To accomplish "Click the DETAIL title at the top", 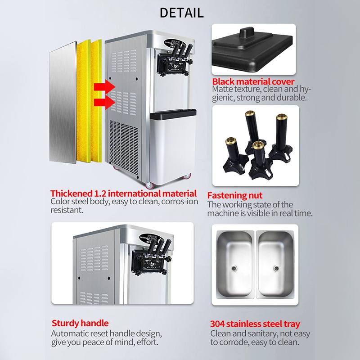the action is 181,13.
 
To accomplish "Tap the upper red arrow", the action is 104,86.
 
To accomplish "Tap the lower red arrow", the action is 104,103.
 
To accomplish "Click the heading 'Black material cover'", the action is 253,81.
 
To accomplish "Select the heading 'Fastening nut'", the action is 234,195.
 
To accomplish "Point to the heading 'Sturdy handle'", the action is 80,323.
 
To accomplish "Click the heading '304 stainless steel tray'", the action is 255,324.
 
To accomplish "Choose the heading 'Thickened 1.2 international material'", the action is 123,193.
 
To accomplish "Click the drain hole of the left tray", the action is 234,268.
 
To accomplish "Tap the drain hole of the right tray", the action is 276,268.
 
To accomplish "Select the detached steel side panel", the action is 63,103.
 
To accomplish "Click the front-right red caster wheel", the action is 187,176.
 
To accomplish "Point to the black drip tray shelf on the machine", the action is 173,114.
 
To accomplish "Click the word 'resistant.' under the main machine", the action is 67,210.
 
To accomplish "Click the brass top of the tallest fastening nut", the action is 250,113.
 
